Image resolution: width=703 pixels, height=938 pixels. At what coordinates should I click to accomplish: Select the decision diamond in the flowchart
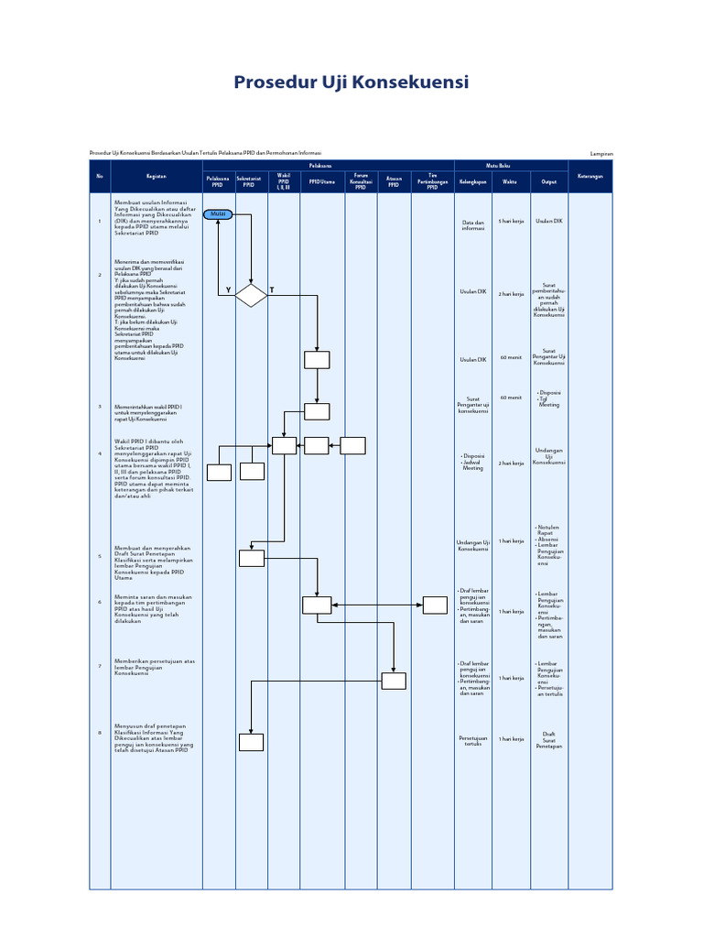tap(251, 295)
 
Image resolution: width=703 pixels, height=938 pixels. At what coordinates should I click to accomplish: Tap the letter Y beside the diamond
tap(228, 289)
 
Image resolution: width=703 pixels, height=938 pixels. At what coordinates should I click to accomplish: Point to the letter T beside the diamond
tap(272, 289)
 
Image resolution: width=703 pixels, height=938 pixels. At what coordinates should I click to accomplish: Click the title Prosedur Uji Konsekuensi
tap(351, 82)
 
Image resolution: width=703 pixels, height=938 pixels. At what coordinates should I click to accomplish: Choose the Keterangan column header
tap(590, 176)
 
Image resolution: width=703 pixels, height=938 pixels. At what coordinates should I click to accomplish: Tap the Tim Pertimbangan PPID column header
tap(433, 181)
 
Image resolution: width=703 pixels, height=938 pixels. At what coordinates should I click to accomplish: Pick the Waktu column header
tap(511, 181)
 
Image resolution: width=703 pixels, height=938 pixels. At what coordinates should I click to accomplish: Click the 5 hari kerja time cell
tap(511, 222)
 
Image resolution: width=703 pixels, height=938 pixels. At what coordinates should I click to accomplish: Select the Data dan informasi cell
tap(472, 224)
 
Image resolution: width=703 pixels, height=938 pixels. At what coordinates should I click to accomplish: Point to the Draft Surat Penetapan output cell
tap(549, 740)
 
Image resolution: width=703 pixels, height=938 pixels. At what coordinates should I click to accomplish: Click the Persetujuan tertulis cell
tap(472, 740)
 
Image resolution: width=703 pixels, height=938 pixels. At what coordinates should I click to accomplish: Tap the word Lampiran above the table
tap(601, 153)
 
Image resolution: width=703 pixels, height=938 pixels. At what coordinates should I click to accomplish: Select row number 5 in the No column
tap(100, 556)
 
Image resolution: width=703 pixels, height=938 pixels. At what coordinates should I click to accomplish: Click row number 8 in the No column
tap(100, 733)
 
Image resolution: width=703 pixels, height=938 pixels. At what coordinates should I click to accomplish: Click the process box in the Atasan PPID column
tap(394, 681)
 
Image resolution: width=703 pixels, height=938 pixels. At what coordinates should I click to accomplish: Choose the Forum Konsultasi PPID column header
tap(361, 181)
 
